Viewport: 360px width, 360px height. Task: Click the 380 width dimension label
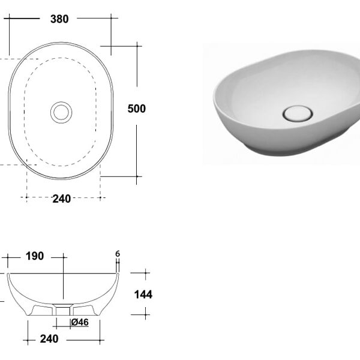coord(59,19)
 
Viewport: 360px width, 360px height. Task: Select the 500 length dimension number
coord(137,109)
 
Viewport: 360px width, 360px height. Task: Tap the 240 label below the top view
coord(62,199)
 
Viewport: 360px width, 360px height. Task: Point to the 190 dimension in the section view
coord(35,256)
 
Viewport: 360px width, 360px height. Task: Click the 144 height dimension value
coord(143,295)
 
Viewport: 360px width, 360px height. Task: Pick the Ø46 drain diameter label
coord(80,322)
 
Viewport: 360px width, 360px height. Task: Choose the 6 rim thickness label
coord(118,254)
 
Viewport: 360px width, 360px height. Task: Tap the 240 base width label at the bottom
coord(49,339)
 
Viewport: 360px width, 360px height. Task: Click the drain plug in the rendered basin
coord(298,113)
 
